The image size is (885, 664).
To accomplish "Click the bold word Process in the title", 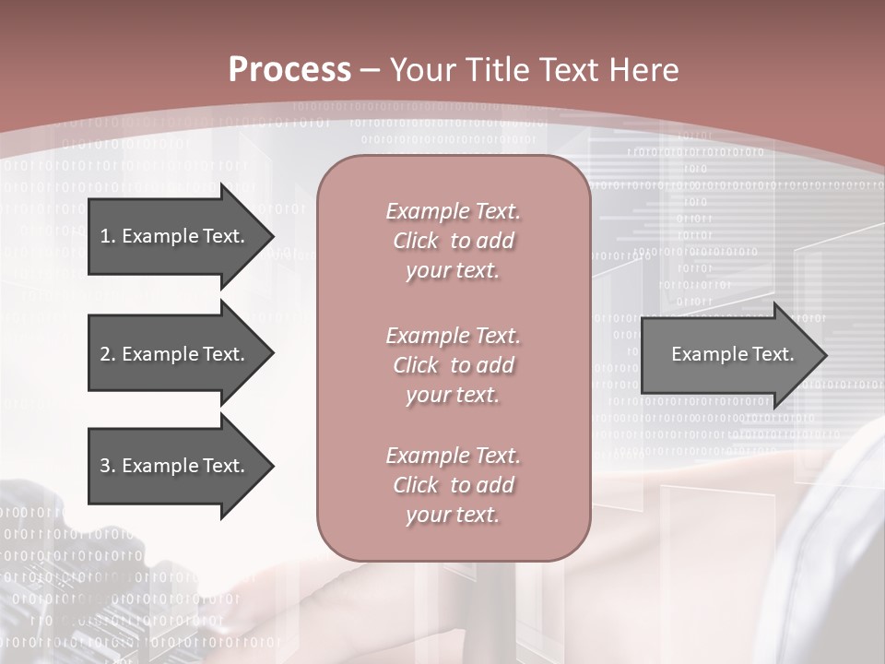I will (x=289, y=70).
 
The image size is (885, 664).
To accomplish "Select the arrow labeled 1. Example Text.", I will (x=171, y=236).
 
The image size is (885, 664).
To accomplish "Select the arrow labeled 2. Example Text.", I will (x=171, y=354).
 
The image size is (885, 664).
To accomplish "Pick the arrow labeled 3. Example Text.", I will (x=171, y=466).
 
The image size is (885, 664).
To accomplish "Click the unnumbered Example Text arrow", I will (x=732, y=354).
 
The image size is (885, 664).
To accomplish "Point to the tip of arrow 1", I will (x=271, y=236).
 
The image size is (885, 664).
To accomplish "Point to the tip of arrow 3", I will (x=271, y=466).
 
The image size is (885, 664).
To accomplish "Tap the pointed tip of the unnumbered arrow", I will (x=824, y=355).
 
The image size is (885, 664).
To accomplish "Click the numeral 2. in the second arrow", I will (x=108, y=354).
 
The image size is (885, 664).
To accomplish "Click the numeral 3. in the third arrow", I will (x=108, y=466).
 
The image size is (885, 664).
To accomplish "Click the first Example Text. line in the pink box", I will (x=453, y=211).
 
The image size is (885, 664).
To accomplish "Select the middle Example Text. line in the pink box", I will (x=453, y=335).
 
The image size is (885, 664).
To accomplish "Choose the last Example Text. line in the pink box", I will (x=453, y=456).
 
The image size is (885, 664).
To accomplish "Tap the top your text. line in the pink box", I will (x=453, y=271).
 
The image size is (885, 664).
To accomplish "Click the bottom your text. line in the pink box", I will (x=453, y=516).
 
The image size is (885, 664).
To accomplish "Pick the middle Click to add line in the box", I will (x=453, y=365).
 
